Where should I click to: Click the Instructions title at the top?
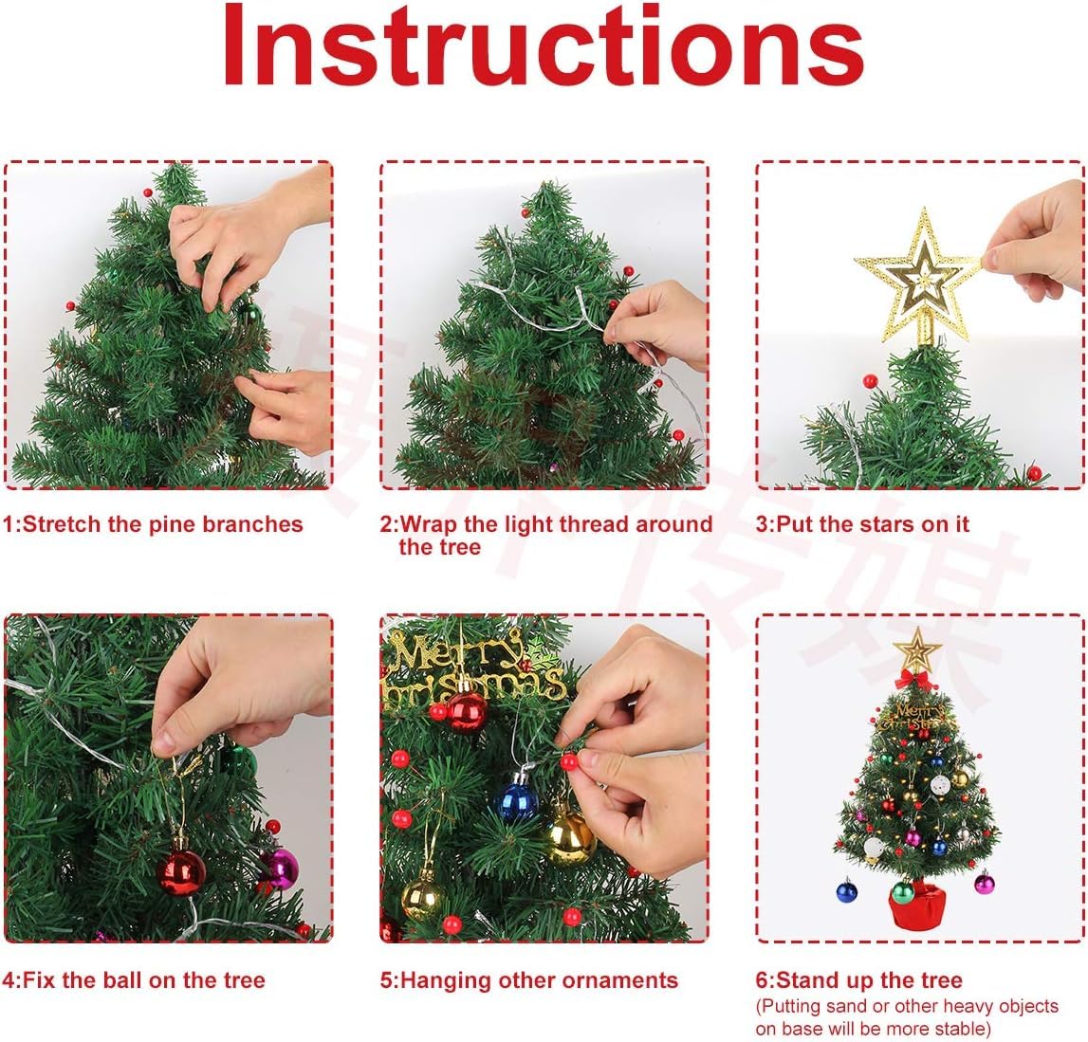[x=543, y=47]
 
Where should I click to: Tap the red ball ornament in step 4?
[x=180, y=871]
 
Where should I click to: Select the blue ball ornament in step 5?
[x=518, y=799]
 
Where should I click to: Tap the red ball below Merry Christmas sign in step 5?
[x=466, y=711]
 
